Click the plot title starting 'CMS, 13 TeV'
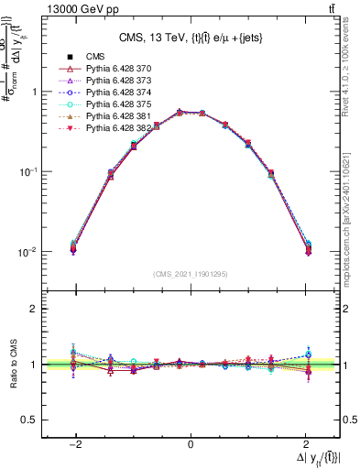(191, 38)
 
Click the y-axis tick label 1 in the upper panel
(35, 92)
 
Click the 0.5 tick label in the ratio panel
(30, 420)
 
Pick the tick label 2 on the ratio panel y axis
(35, 309)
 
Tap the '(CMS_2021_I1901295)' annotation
(191, 273)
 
